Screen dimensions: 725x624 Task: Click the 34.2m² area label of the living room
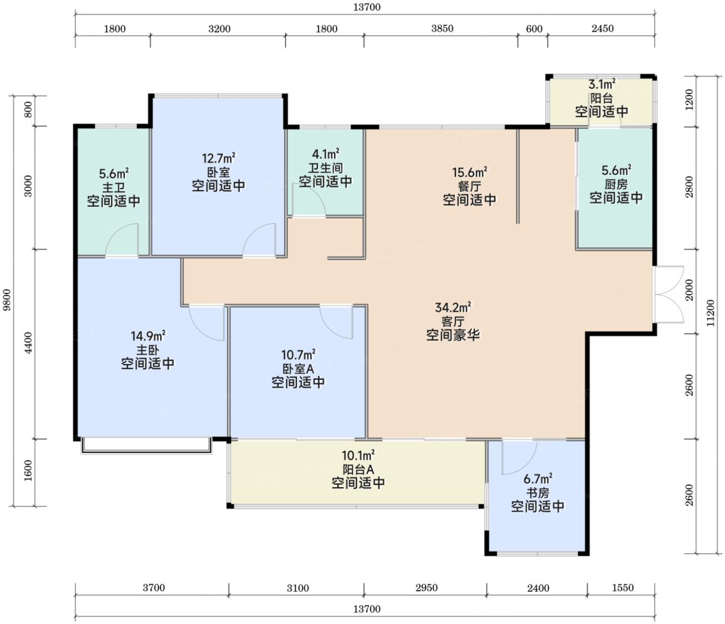[x=453, y=307]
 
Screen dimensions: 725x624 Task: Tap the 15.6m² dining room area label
[x=469, y=172]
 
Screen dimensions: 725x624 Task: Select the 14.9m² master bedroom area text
[x=148, y=336]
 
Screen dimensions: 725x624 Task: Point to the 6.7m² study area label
[x=538, y=478]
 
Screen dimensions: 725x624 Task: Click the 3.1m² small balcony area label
[x=601, y=84]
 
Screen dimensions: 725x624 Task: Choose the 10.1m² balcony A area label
[x=358, y=456]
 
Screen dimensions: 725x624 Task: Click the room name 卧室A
[x=298, y=369]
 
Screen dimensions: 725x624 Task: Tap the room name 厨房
[x=616, y=184]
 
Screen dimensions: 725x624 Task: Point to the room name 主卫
[x=114, y=187]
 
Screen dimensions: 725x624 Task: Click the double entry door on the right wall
[x=669, y=294]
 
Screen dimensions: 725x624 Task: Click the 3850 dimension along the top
[x=442, y=28]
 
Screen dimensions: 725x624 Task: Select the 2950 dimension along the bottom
[x=426, y=588]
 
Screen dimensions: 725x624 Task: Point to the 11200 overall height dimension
[x=710, y=313]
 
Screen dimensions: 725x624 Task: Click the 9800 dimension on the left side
[x=6, y=300]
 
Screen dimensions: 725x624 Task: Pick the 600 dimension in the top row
[x=534, y=28]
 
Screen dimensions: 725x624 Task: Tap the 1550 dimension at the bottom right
[x=622, y=588]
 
